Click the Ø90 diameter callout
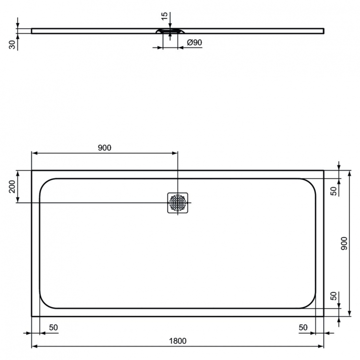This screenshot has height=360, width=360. tap(193, 43)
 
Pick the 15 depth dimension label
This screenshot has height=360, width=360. tap(165, 17)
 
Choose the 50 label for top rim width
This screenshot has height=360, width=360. tap(334, 190)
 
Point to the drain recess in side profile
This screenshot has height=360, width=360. tap(169, 31)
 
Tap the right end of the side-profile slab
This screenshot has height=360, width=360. tap(323, 31)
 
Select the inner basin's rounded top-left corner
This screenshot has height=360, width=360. tap(44, 183)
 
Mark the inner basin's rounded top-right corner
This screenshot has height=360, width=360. tap(311, 183)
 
